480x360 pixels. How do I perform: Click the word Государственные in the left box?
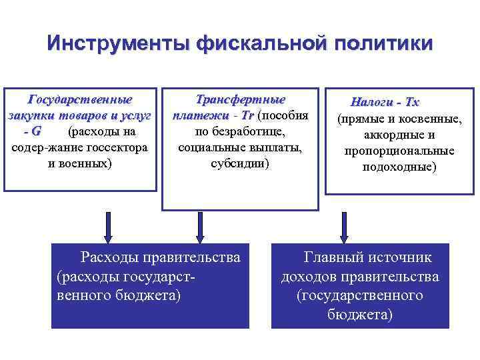coord(79,101)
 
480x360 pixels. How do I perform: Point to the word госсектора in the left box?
coord(117,146)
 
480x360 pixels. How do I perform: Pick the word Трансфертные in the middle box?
coord(240,101)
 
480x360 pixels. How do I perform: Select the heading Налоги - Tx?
coord(385,103)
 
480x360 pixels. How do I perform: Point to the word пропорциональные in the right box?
coord(399,151)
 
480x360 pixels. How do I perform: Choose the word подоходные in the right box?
coord(399,167)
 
